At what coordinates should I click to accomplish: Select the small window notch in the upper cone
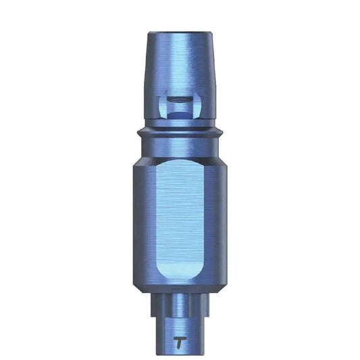coord(180,107)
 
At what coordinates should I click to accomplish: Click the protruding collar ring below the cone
coord(180,130)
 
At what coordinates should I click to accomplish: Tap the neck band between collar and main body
coord(180,147)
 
